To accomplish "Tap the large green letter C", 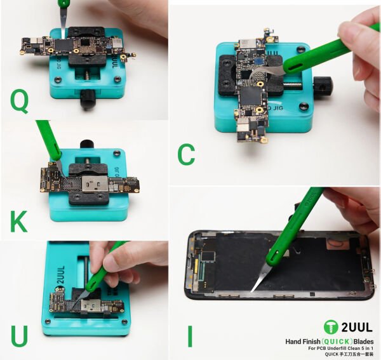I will click(x=185, y=154).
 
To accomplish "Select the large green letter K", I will click(x=19, y=220).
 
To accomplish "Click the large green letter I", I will click(x=189, y=336).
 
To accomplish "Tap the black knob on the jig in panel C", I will click(x=324, y=83).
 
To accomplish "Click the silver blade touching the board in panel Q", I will click(x=65, y=29).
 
